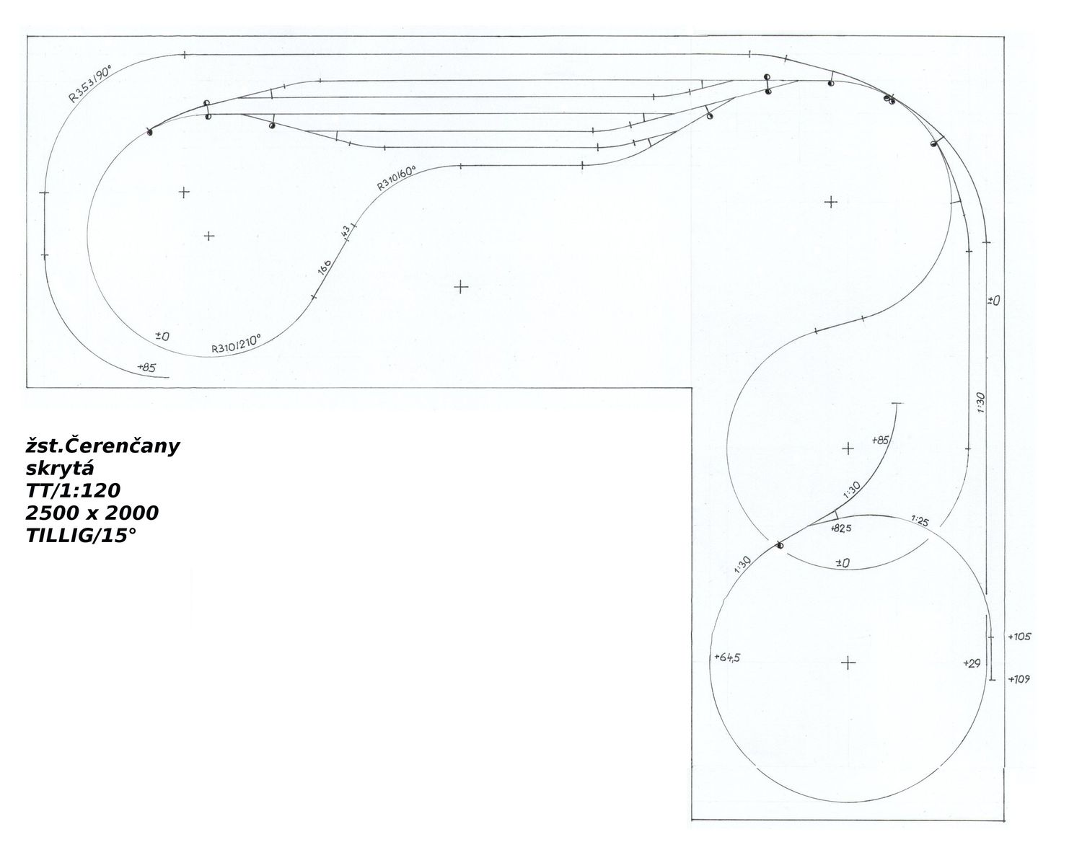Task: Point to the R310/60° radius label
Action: pos(397,180)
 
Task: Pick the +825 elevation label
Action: pos(841,528)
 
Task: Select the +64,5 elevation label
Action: pos(727,657)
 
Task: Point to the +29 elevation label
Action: pos(972,663)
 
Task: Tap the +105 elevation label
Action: pos(1019,637)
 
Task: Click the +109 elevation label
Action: pos(1019,679)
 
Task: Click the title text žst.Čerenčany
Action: pos(102,447)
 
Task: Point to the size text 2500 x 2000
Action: pos(92,513)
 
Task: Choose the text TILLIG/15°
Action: pos(81,536)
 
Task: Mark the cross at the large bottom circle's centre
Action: pos(848,663)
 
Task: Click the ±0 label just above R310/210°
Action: pos(162,337)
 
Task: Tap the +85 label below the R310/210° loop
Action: pos(146,368)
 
